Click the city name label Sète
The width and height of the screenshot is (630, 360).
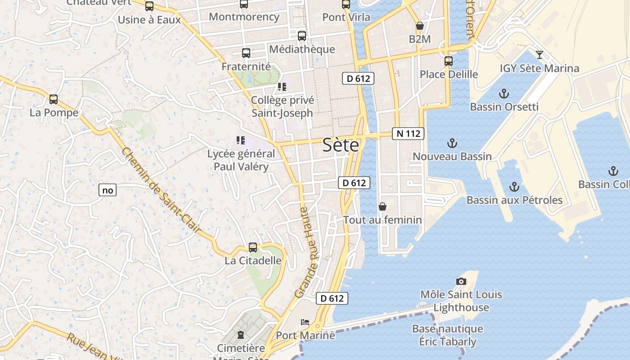pos(341,145)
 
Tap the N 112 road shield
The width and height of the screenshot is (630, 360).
pos(408,134)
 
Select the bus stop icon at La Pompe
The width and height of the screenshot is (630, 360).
pos(54,99)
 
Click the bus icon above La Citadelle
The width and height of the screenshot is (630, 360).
pos(253,247)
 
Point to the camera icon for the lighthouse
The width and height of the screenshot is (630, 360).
pos(461,281)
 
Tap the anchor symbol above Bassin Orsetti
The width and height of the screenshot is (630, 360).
pos(504,94)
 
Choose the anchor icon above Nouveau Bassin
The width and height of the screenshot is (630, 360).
pos(452,144)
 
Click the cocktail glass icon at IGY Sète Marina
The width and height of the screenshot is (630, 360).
pos(540,55)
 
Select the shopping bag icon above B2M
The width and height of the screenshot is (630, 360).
pos(419,26)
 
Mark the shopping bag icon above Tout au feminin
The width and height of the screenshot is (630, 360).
pos(382,207)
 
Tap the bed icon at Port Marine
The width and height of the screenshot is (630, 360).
pos(305,322)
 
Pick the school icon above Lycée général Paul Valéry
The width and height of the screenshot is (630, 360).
pos(241,140)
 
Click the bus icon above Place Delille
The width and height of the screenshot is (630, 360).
pos(448,61)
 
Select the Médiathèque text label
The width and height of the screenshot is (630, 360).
pos(302,49)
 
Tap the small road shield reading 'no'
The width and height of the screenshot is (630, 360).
pos(108,190)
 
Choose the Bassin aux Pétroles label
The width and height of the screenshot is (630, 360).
pos(514,200)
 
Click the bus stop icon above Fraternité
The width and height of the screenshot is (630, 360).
pos(246,53)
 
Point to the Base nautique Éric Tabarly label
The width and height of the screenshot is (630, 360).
pos(448,335)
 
